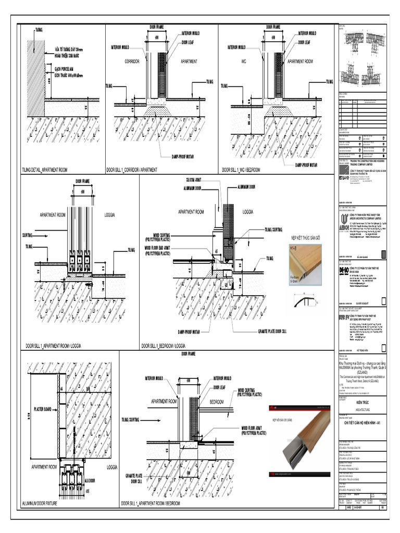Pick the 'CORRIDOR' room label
pos(133,61)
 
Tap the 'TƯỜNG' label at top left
pos(40,30)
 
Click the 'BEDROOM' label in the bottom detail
pos(217,402)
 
